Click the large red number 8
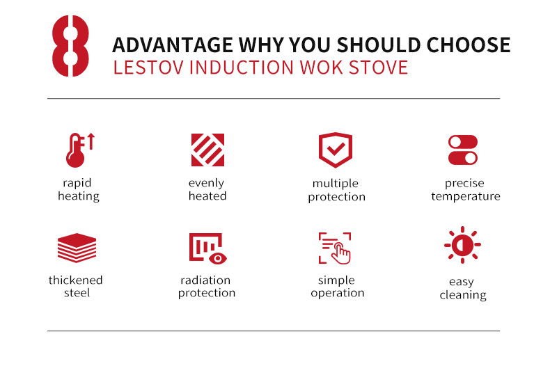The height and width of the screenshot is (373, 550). pos(70,45)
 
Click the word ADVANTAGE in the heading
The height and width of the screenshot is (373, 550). pos(173,45)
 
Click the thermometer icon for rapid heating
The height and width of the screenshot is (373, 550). pos(75,150)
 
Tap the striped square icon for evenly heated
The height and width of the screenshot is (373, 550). pos(207,150)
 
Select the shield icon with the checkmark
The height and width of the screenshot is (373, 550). pos(336,150)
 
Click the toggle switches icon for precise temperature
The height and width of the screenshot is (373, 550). pos(463,150)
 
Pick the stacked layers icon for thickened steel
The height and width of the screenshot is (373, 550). pos(77,248)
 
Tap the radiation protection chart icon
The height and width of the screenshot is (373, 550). pos(208,248)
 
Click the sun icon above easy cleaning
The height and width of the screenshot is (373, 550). pos(463,245)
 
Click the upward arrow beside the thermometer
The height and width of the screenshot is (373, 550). pos(91,141)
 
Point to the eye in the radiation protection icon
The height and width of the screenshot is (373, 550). pos(218,258)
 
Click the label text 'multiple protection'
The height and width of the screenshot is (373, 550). pos(336,190)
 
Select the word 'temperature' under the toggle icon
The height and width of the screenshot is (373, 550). pos(466,196)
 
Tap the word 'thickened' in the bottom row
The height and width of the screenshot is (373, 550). pos(75,280)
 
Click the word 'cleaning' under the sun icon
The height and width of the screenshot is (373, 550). pos(463,295)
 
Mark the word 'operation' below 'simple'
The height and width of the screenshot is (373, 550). pos(338,293)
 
